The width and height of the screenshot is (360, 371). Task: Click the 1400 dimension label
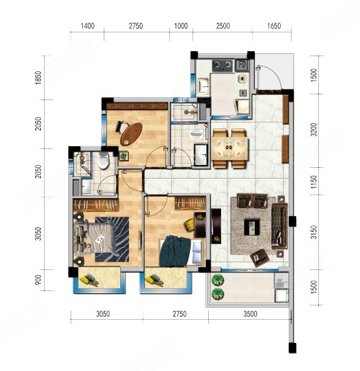[87, 26]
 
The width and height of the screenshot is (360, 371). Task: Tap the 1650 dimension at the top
[274, 26]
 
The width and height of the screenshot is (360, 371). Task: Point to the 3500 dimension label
[251, 314]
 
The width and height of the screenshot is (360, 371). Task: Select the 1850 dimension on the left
[38, 78]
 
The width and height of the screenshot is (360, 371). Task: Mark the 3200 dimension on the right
[314, 130]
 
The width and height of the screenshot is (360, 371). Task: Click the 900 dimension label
[38, 280]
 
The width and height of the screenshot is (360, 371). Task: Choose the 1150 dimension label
[314, 182]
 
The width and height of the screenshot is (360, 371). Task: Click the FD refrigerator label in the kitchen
[242, 65]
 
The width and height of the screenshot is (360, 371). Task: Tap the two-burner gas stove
[222, 66]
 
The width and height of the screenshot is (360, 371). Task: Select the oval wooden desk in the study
[131, 134]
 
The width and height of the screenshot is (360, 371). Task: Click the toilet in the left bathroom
[104, 160]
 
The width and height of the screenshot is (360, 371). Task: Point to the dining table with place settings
[230, 148]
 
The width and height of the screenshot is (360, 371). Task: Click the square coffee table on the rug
[252, 227]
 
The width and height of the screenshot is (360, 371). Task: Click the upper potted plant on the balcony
[217, 280]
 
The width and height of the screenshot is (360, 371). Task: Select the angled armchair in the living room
[260, 257]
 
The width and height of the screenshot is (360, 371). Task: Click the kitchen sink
[204, 86]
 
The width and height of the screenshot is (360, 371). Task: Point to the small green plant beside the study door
[124, 156]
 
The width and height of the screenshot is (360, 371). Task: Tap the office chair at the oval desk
[122, 127]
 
